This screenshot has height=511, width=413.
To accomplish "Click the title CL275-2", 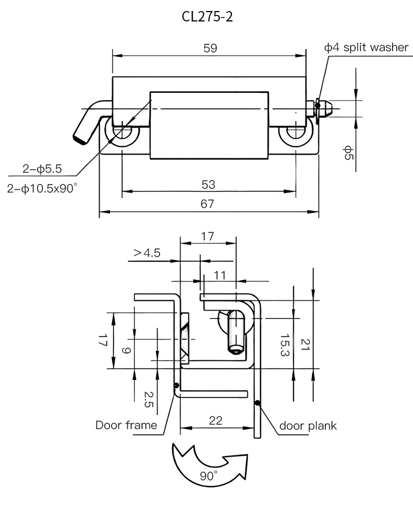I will point(208,17).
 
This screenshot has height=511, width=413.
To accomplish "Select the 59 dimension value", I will point(210,48).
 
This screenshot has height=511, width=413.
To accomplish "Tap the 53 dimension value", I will point(208,184).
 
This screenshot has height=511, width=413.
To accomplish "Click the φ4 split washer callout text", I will point(366,47).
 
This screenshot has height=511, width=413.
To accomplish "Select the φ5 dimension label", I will point(348,152).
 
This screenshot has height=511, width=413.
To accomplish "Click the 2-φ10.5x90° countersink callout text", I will point(42,188).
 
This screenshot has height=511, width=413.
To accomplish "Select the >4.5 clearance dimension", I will point(146,253).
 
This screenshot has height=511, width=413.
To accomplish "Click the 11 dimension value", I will point(220,276).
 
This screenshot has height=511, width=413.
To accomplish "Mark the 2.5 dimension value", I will point(148,399).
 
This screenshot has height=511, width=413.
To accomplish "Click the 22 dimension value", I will point(216,420).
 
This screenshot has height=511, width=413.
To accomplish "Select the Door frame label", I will point(126,425).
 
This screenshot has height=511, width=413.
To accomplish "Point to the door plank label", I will point(308,425).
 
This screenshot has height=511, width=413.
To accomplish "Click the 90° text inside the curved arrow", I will point(208,476).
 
